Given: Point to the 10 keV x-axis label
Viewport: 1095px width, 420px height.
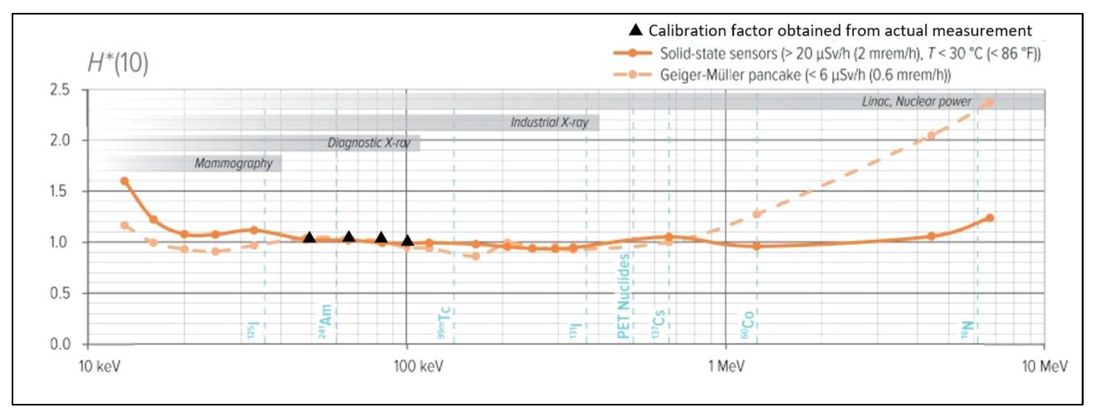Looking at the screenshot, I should coord(100,366).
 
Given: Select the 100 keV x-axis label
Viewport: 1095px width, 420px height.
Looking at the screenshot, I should coord(418,366).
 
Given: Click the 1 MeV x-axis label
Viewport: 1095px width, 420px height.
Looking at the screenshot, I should coord(726,366).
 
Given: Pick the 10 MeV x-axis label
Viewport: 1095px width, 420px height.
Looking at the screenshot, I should coord(1044,366).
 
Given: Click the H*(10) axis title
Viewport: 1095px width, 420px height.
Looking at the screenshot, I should coord(118,64).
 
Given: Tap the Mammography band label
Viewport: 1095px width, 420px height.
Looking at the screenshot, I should coord(233,163).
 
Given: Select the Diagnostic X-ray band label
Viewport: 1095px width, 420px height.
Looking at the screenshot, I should coord(369,143).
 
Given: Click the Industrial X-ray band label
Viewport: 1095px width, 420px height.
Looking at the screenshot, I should coord(549,123).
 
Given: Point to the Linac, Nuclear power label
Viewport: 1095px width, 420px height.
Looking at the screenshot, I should coord(917,102).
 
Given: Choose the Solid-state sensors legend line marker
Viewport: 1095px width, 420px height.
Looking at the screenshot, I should coord(632,53).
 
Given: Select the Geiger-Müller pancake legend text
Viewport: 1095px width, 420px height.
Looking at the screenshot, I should coord(805,75).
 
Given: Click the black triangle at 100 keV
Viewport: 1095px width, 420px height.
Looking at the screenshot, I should coord(407,241).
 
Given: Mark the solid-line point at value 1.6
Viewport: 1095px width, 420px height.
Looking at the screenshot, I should coord(124,181).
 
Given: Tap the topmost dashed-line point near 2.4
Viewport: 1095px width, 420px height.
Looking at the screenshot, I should coord(989,102).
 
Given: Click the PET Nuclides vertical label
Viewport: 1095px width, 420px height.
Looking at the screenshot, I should coord(623,296).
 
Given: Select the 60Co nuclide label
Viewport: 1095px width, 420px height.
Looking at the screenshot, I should coord(748,325).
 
